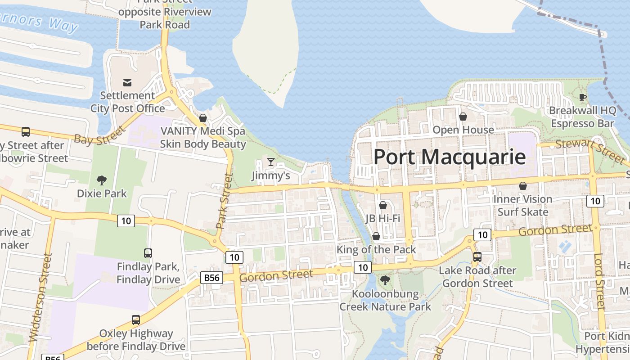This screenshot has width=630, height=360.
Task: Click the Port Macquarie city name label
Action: click(x=450, y=157)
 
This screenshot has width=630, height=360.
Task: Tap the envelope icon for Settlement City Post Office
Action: click(x=127, y=83)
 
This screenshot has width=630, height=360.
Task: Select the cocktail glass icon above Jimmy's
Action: click(x=270, y=162)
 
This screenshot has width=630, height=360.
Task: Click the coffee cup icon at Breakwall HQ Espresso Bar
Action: click(x=582, y=97)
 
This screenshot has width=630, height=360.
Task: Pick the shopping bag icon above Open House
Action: click(x=463, y=117)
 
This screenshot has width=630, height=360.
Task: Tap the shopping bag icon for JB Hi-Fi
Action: click(x=383, y=206)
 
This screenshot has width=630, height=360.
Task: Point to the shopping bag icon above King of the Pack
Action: click(x=376, y=237)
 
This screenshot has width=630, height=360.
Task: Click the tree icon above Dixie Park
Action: click(x=102, y=180)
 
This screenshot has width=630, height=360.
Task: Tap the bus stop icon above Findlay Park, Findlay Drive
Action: click(x=148, y=253)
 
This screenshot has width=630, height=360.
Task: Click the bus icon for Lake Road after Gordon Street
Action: click(x=477, y=257)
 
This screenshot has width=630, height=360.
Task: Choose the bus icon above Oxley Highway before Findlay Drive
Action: click(x=136, y=320)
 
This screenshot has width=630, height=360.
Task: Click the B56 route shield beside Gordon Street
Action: click(x=212, y=278)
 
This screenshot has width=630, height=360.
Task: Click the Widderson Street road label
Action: click(x=39, y=297)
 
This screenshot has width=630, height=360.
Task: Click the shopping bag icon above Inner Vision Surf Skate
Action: click(x=523, y=186)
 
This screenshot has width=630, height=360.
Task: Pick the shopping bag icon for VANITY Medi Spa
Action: click(x=203, y=118)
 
